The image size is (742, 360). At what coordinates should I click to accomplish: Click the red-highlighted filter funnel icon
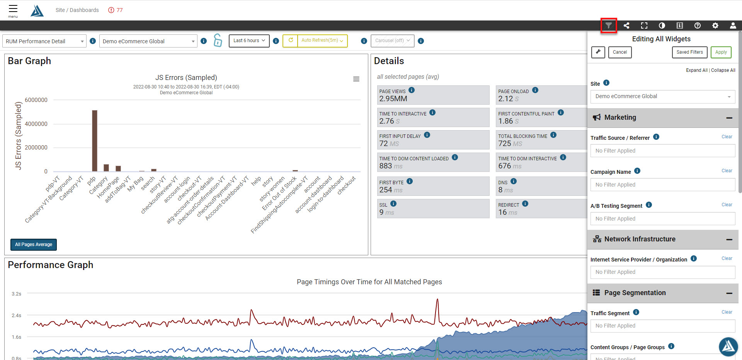(x=609, y=25)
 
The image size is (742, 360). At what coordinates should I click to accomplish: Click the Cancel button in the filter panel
(x=620, y=52)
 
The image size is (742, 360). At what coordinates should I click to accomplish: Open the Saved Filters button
(x=689, y=52)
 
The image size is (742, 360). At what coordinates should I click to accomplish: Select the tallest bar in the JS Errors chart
(x=95, y=141)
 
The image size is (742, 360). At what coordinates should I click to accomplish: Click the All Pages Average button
(x=34, y=245)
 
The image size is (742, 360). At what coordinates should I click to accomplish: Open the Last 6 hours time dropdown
(x=249, y=41)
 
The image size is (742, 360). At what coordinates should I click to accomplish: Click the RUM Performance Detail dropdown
(x=44, y=41)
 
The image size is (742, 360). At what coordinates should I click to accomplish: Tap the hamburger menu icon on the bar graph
(x=356, y=79)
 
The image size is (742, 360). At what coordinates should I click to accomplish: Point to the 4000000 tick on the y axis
(x=36, y=124)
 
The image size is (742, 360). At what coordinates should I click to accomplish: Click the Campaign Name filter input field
(x=663, y=185)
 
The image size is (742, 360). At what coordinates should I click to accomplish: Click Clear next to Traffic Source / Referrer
(x=727, y=137)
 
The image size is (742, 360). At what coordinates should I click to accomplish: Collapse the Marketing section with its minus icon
(x=729, y=118)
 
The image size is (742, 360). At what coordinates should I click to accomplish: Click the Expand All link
(x=697, y=70)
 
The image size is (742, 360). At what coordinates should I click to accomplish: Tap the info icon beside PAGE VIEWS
(x=412, y=90)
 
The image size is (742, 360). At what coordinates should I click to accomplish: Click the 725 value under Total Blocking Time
(x=505, y=144)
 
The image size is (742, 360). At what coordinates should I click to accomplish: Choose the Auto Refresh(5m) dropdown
(x=322, y=41)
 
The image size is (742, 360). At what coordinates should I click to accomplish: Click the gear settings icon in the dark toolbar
(x=715, y=25)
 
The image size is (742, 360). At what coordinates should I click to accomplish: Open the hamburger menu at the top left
(x=13, y=8)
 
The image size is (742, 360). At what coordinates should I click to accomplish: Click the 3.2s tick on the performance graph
(x=17, y=294)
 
